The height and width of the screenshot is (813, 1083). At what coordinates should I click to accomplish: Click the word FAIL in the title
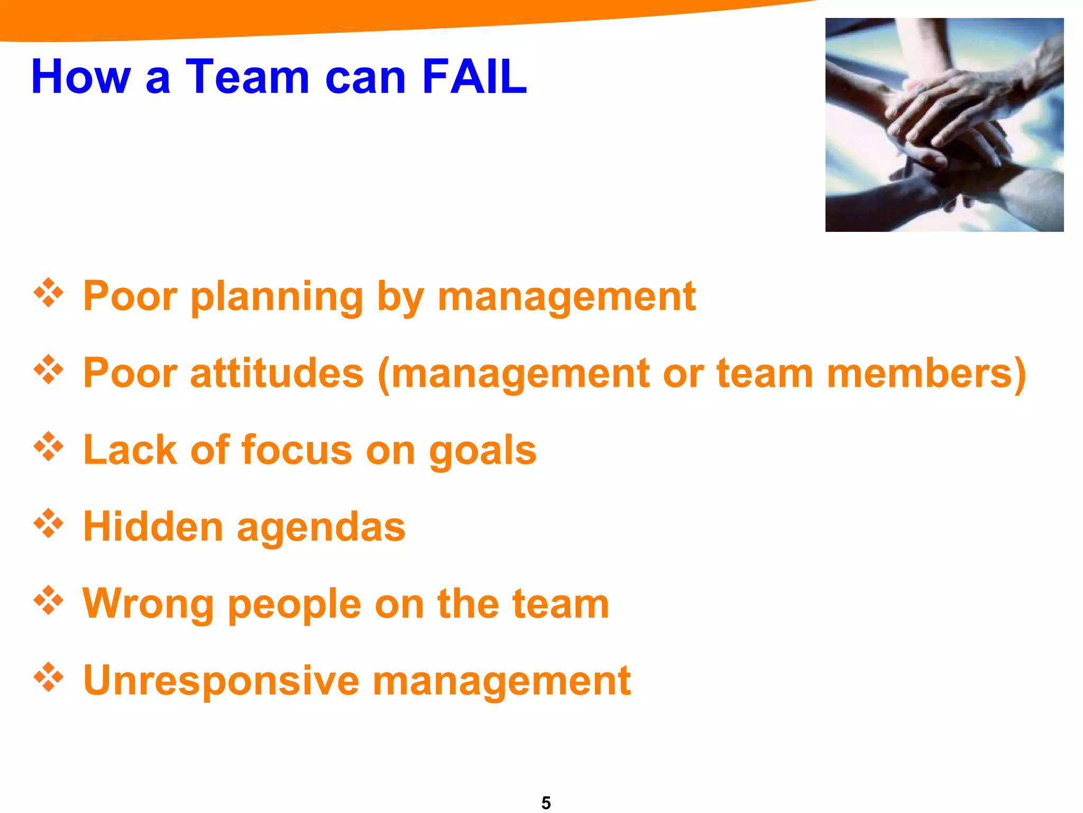pyautogui.click(x=474, y=77)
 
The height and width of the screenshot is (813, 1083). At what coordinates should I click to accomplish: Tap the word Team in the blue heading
pyautogui.click(x=247, y=77)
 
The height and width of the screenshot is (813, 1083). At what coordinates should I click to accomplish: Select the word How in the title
pyautogui.click(x=80, y=77)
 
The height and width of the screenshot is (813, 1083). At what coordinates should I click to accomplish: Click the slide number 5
pyautogui.click(x=546, y=802)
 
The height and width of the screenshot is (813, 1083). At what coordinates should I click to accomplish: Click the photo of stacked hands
pyautogui.click(x=944, y=125)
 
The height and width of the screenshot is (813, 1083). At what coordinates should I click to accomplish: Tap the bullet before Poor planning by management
pyautogui.click(x=49, y=292)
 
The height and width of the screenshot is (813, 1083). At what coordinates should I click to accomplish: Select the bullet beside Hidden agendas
pyautogui.click(x=49, y=523)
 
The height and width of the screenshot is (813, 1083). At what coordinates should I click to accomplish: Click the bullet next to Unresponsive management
pyautogui.click(x=49, y=677)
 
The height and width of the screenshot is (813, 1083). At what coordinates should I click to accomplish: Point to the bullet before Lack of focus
pyautogui.click(x=49, y=447)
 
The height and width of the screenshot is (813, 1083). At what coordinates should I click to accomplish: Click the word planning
pyautogui.click(x=277, y=297)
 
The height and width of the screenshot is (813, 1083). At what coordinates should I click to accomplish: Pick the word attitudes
pyautogui.click(x=277, y=374)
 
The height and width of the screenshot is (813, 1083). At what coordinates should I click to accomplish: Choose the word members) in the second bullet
pyautogui.click(x=926, y=374)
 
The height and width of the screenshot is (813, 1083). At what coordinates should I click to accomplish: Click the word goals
pyautogui.click(x=482, y=451)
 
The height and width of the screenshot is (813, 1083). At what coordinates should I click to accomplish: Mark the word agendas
pyautogui.click(x=321, y=528)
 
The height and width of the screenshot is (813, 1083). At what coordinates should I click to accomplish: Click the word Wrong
pyautogui.click(x=148, y=604)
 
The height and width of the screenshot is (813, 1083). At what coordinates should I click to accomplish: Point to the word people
pyautogui.click(x=294, y=605)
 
